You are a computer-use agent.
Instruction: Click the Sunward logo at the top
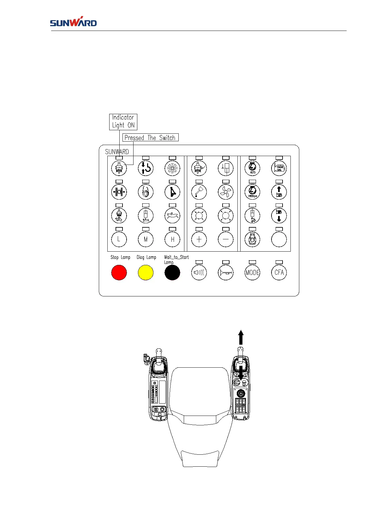click(73, 22)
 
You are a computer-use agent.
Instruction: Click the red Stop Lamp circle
click(119, 273)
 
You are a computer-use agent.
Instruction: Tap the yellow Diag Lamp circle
click(146, 273)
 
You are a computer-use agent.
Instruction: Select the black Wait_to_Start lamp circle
click(172, 273)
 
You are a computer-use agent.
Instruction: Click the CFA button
click(279, 273)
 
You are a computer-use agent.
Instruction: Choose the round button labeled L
click(119, 239)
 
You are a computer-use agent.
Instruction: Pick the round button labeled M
click(146, 239)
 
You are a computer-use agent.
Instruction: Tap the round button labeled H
click(172, 239)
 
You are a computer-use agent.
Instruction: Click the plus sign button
click(199, 239)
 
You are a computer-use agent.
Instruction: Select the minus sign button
click(226, 239)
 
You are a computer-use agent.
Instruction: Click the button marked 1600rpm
click(253, 192)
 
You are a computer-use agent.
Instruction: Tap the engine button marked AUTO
click(253, 168)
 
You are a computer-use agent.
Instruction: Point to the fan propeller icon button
click(226, 192)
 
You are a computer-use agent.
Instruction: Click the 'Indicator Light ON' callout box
click(123, 122)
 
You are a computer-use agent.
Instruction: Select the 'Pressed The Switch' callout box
click(150, 137)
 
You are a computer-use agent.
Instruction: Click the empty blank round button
click(279, 239)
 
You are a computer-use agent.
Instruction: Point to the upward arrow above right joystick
click(241, 337)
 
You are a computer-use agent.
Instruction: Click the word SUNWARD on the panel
click(117, 152)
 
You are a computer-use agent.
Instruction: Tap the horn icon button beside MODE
click(226, 273)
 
